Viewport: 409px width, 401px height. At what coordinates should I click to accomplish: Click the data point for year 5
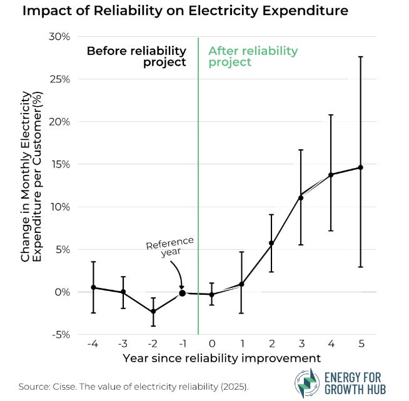tap(360, 167)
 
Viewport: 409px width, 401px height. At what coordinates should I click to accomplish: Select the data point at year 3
tap(301, 198)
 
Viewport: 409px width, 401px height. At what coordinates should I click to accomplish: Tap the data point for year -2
tap(153, 311)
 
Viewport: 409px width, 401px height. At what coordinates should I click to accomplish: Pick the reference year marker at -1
tap(182, 293)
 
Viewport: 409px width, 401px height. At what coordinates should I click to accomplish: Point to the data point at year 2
tap(271, 243)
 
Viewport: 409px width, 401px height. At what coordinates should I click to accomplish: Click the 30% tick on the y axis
tap(61, 37)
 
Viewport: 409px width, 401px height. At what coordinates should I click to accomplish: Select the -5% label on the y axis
tap(61, 335)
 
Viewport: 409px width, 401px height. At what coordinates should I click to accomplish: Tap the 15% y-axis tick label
tap(61, 164)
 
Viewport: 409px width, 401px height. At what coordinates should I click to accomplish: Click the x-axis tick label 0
tap(212, 344)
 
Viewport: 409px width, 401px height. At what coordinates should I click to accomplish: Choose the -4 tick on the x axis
tap(93, 344)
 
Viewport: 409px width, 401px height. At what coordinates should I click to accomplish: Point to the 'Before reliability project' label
tap(136, 56)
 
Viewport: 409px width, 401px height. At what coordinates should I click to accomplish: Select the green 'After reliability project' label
tap(253, 56)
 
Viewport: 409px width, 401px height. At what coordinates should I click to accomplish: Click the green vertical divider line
tap(198, 187)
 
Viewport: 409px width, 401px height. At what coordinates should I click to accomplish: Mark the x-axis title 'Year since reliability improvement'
tap(222, 359)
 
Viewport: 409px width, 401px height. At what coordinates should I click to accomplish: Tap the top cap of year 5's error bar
tap(360, 57)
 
